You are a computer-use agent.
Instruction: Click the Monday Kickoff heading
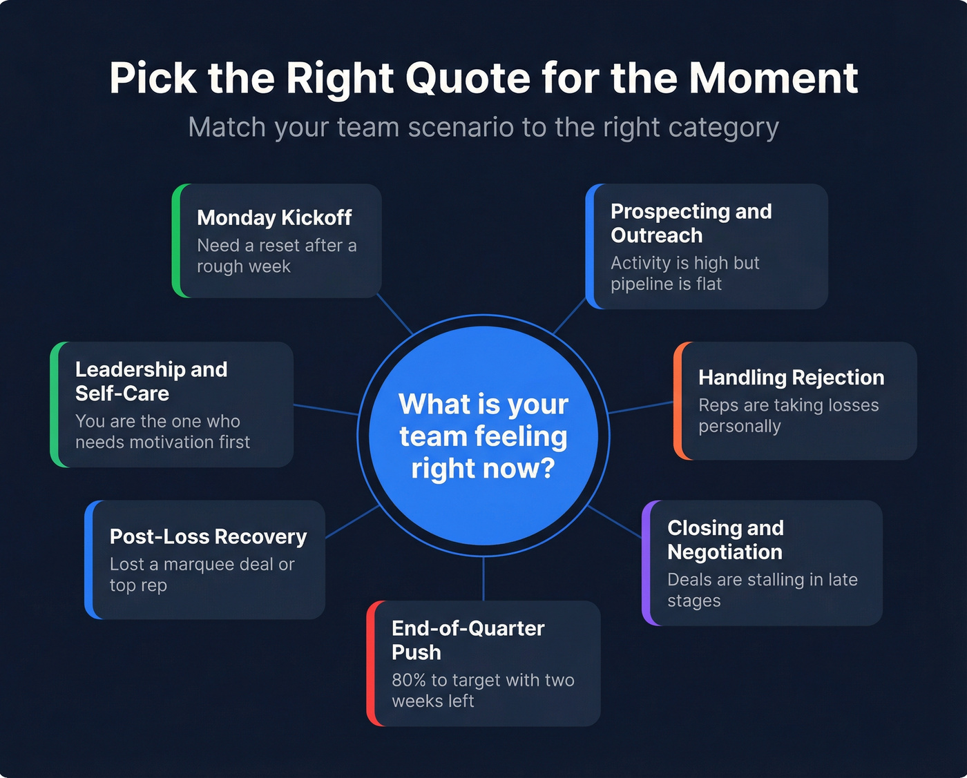point(274,218)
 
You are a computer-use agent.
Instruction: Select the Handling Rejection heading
point(791,378)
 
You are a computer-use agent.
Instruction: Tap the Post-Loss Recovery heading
point(208,536)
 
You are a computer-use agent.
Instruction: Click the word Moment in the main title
point(773,78)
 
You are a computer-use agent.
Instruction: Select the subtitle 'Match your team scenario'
point(483,128)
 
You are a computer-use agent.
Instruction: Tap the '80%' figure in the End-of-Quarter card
point(408,680)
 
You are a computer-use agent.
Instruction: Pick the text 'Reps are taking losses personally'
point(787,415)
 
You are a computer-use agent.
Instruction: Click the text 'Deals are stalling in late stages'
point(762,590)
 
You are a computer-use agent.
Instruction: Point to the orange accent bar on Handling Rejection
point(678,400)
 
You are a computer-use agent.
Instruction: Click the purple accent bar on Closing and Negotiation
point(646,563)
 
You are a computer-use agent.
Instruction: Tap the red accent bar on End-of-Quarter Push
point(371,663)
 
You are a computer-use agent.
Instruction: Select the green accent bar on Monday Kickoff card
point(176,240)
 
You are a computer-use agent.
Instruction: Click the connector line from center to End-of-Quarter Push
point(483,578)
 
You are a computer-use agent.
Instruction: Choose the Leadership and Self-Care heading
point(151,381)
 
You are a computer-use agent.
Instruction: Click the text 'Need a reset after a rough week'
point(276,255)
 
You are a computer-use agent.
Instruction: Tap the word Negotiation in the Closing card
point(725,552)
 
